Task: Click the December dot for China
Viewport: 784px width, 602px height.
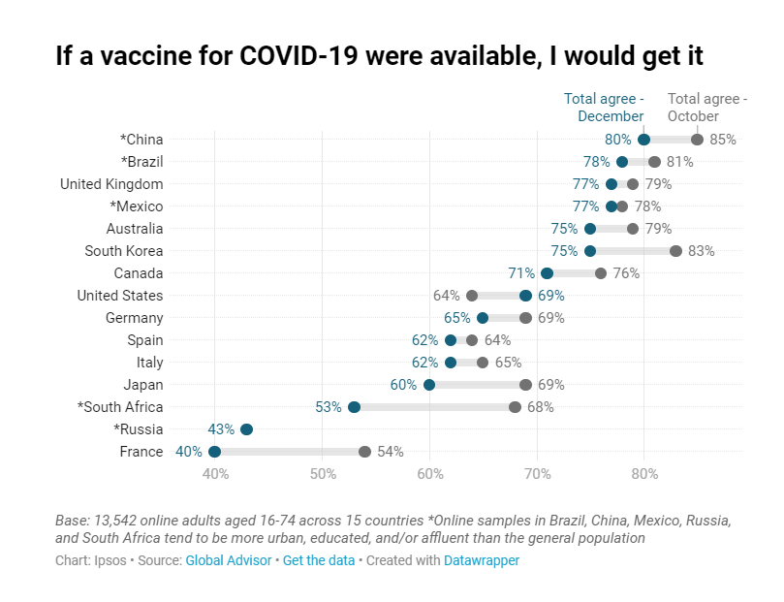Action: pos(643,140)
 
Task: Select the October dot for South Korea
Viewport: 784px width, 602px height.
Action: pos(675,251)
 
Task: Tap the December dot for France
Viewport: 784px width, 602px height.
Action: pos(214,452)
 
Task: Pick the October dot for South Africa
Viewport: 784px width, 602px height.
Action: pos(515,407)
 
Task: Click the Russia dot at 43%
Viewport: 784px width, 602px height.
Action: pos(246,429)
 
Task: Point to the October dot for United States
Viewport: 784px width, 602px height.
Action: pos(472,296)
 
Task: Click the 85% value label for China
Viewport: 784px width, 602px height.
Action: pos(723,140)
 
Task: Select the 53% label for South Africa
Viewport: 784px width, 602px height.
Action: pos(329,407)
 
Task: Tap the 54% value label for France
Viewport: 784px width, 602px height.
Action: pos(391,452)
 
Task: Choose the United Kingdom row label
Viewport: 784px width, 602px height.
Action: pos(111,184)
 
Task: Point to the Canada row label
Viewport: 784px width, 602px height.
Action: pos(139,273)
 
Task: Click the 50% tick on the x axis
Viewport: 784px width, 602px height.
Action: pos(323,474)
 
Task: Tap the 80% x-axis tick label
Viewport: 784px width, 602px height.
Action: pos(644,474)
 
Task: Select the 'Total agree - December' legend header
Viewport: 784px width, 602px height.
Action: pos(604,108)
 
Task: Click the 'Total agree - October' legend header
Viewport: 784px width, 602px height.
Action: pos(707,108)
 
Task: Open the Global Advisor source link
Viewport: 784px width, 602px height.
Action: pos(229,560)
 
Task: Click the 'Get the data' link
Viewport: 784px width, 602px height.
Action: pos(319,560)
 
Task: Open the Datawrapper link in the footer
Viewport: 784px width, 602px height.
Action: pos(482,560)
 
